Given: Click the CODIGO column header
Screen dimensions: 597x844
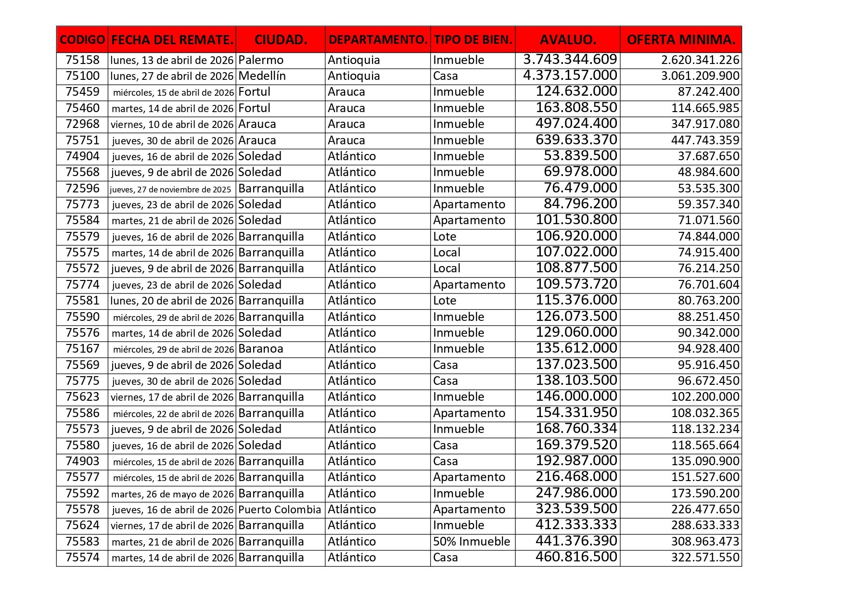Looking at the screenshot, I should [x=82, y=39].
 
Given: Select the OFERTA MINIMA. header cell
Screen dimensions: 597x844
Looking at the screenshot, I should [x=681, y=39].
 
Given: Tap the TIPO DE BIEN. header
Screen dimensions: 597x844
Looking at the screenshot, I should [x=473, y=39].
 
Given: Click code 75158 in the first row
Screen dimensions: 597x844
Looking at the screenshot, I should [x=82, y=60].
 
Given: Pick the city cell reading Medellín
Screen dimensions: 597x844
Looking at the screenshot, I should [x=262, y=76].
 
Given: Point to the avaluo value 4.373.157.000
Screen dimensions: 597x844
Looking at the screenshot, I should [x=570, y=76].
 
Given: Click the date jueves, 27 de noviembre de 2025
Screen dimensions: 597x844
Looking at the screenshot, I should [x=170, y=189].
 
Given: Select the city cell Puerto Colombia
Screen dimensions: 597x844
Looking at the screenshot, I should [x=280, y=509].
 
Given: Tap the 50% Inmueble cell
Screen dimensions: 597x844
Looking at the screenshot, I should [x=471, y=542].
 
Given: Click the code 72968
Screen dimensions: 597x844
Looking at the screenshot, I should [x=82, y=124].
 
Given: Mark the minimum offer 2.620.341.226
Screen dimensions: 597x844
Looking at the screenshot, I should [x=700, y=60].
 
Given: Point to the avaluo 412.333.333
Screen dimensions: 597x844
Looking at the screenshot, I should [x=576, y=525].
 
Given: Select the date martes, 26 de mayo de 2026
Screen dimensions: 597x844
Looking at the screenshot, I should [x=172, y=494].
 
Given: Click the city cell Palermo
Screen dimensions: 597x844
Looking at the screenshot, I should [x=261, y=60].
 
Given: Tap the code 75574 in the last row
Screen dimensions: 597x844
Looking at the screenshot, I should [x=82, y=558].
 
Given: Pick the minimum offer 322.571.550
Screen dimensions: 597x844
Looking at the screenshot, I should [x=705, y=558].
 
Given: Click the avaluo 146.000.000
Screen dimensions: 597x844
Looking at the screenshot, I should [x=576, y=396].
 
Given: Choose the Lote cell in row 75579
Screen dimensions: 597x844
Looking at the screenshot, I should [x=445, y=237].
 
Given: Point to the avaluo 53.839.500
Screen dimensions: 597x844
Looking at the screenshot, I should [x=580, y=156].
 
